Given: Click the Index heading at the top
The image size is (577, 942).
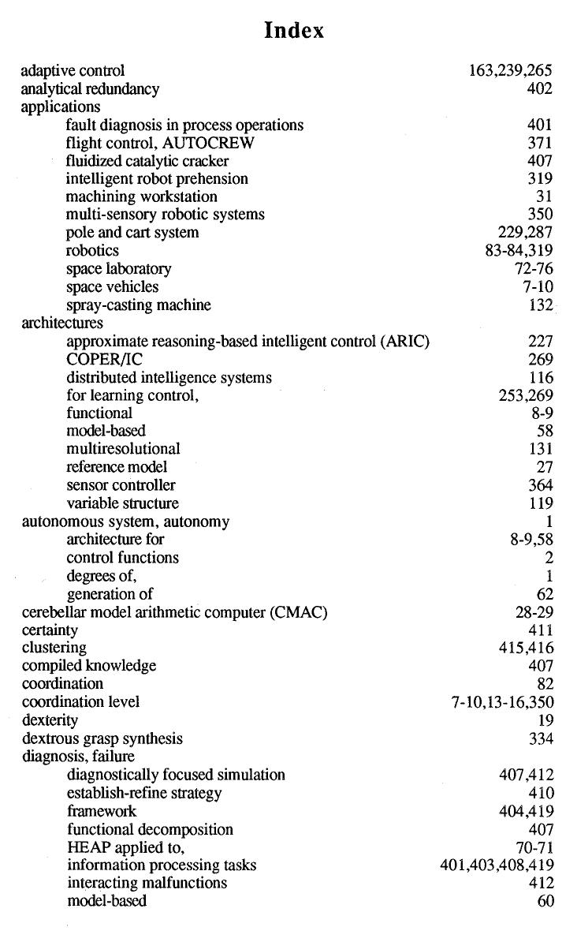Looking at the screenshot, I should coord(294,31).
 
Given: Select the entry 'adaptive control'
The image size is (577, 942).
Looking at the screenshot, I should coord(73,71).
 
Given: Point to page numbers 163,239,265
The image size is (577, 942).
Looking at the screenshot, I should coord(510,71).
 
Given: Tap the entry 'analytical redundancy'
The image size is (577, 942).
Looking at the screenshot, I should coord(90,89).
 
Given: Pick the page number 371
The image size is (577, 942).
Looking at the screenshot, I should coord(540,143).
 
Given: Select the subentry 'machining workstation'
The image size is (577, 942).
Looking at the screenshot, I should coord(142,196).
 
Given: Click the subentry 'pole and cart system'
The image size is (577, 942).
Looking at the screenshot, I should coord(132,233).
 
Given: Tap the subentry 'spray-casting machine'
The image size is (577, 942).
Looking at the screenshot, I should coord(139,305).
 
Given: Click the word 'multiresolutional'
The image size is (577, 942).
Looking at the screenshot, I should coord(123,449).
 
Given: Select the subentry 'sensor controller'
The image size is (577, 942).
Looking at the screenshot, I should coord(121,485).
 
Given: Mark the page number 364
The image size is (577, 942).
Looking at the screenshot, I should coord(540,485).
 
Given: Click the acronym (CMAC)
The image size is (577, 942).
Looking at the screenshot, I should coord(299,612).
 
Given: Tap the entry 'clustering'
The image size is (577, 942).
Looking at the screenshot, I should coord(54,648).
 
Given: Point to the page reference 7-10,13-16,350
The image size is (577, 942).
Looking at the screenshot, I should coord(502,702).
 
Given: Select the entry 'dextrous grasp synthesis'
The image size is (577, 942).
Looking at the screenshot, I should coord(102,738).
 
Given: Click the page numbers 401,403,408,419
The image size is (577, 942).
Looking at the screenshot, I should coord(497,865).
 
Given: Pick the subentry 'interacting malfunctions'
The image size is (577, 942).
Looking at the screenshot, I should coord(147,883).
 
